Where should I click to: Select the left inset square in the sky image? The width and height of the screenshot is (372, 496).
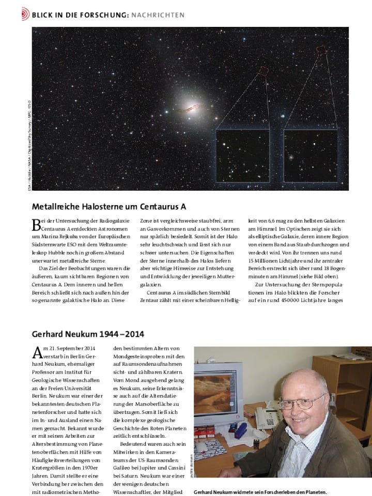point(242,155)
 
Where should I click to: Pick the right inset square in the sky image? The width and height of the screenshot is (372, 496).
point(310,155)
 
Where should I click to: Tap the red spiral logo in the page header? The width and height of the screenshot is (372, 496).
point(25,15)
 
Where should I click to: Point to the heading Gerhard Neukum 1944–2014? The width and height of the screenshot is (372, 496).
point(88,334)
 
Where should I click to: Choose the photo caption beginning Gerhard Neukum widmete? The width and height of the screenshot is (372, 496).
point(260,492)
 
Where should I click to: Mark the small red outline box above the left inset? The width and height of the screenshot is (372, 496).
point(263,71)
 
